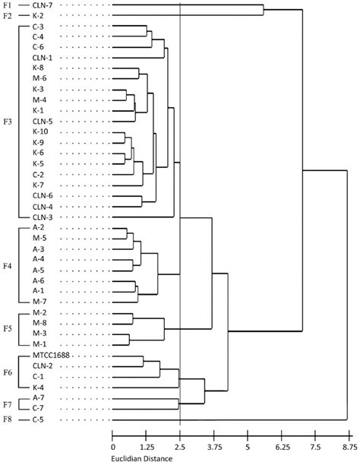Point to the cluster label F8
coord(7,419)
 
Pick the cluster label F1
coord(7,6)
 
